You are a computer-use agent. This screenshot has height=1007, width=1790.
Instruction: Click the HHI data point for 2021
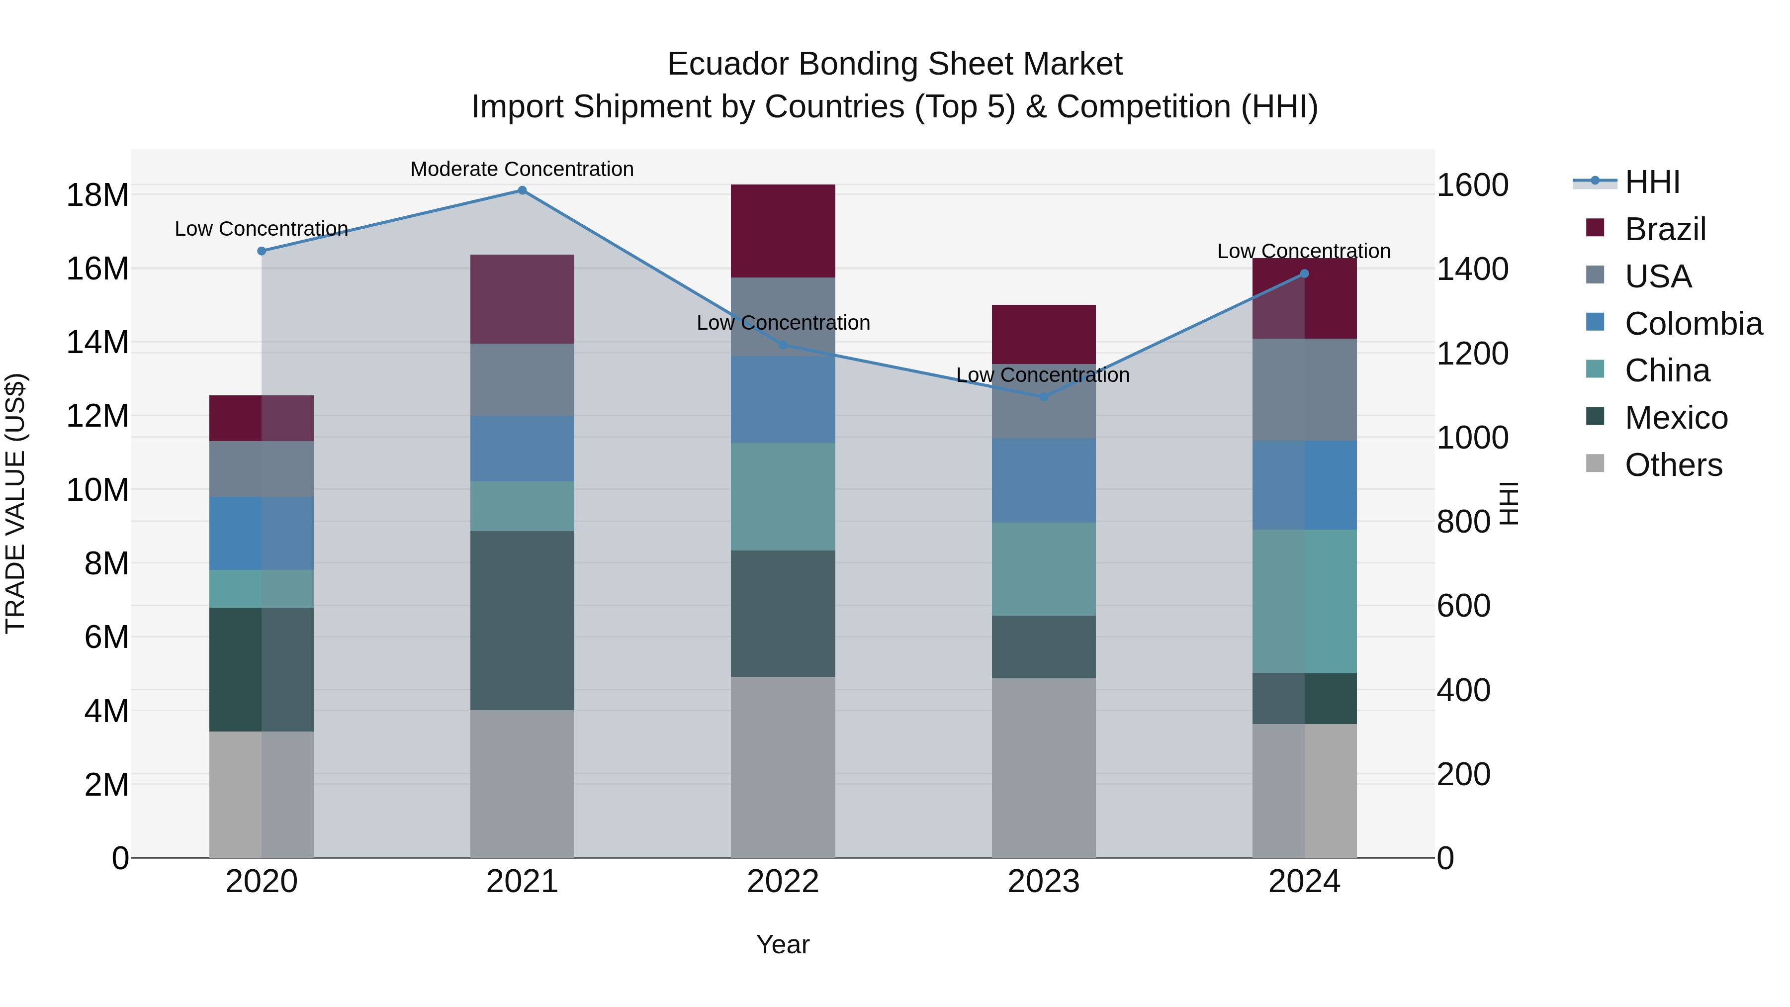(522, 190)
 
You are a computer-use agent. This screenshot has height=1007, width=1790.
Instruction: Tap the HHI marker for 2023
(1043, 397)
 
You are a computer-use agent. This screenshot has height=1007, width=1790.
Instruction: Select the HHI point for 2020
(261, 251)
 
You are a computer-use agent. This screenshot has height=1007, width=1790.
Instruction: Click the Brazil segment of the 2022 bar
(783, 231)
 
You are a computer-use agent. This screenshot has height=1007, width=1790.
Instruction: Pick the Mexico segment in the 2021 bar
(522, 620)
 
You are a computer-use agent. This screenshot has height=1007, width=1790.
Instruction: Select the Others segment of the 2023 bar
(1043, 767)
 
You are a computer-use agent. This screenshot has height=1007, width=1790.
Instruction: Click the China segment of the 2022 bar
(783, 496)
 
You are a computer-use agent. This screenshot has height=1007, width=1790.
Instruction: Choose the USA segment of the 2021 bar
(522, 379)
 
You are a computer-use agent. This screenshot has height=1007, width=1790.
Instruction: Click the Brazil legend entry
(1665, 229)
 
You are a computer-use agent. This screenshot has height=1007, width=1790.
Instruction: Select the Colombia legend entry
(1693, 324)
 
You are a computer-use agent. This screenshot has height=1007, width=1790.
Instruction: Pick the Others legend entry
(1673, 465)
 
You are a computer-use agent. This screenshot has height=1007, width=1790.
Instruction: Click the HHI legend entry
(1652, 182)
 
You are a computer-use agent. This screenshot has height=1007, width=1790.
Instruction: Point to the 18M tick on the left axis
(97, 195)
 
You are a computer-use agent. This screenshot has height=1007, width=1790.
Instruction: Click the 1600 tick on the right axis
(1472, 185)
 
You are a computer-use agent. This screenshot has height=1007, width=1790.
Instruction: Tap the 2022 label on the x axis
(783, 882)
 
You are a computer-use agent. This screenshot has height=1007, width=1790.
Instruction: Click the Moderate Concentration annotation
(522, 169)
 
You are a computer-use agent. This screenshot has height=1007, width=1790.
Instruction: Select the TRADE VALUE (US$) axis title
(15, 503)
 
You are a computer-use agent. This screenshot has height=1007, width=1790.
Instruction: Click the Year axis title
(783, 944)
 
